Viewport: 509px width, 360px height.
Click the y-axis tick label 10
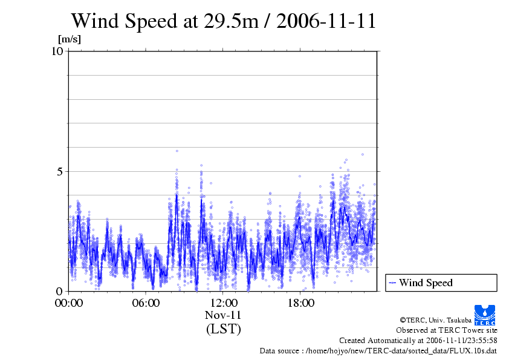pos(57,51)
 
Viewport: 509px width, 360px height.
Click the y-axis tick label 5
pos(60,171)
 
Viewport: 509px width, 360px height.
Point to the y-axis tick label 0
pos(60,291)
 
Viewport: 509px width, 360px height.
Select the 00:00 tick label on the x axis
pos(68,303)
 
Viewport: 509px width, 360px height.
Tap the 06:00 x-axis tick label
pos(146,303)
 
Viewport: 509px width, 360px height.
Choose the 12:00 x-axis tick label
pos(223,303)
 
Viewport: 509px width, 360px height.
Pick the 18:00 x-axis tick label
pos(300,303)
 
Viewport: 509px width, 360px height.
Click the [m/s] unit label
pos(69,39)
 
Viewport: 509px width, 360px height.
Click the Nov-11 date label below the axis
pos(223,315)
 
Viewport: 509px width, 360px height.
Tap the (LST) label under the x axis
pos(223,329)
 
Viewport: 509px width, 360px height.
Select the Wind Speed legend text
pos(426,283)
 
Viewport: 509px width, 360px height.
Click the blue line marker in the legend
pos(393,283)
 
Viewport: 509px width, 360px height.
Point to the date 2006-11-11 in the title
pos(328,21)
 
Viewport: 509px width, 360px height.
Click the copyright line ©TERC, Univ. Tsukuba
pos(435,319)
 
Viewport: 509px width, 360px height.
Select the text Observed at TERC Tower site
pos(446,330)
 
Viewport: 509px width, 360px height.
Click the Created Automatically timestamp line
pos(418,340)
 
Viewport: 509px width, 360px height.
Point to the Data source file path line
pos(378,350)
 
